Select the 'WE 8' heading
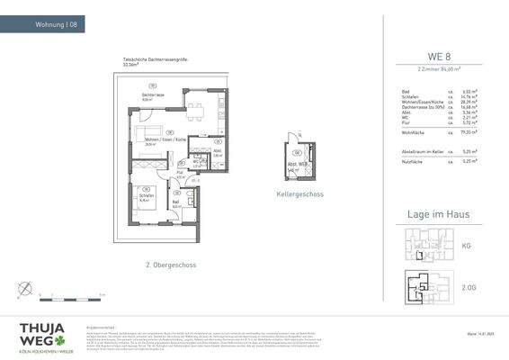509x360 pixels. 438,57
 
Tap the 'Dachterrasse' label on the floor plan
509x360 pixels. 151,95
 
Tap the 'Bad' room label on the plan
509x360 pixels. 177,202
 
